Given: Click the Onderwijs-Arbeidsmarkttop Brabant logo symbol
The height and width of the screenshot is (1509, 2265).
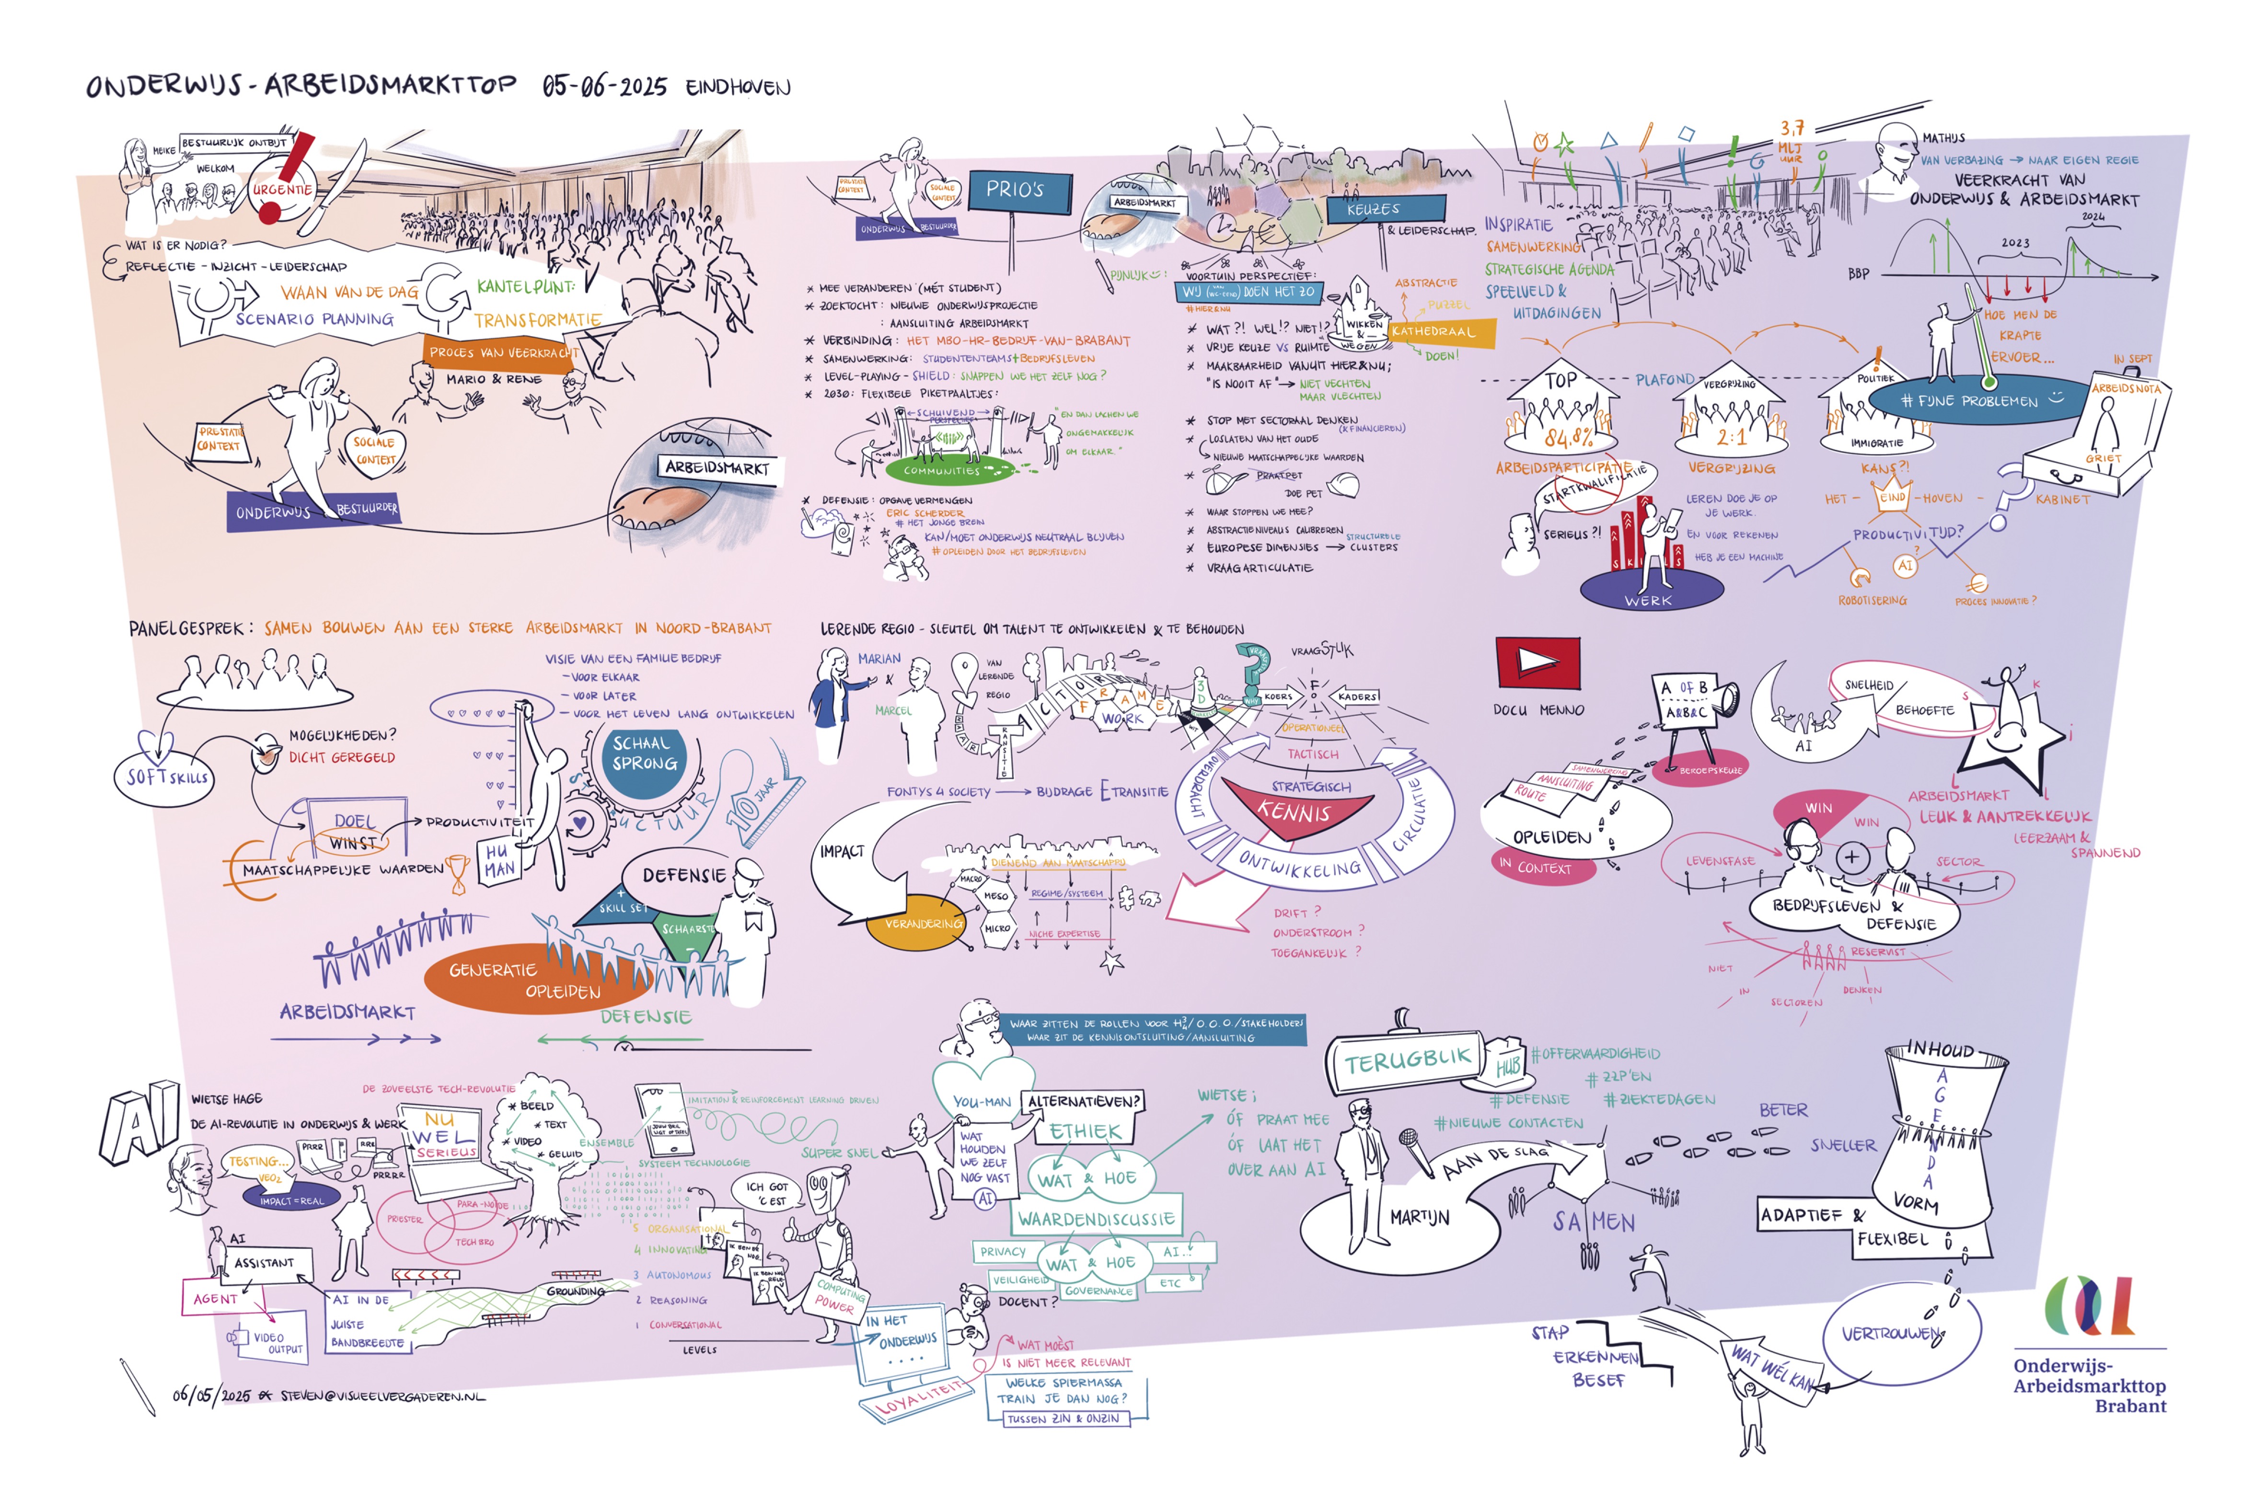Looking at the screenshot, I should point(2089,1306).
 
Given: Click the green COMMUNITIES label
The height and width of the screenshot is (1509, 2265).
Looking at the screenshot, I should point(941,470).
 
